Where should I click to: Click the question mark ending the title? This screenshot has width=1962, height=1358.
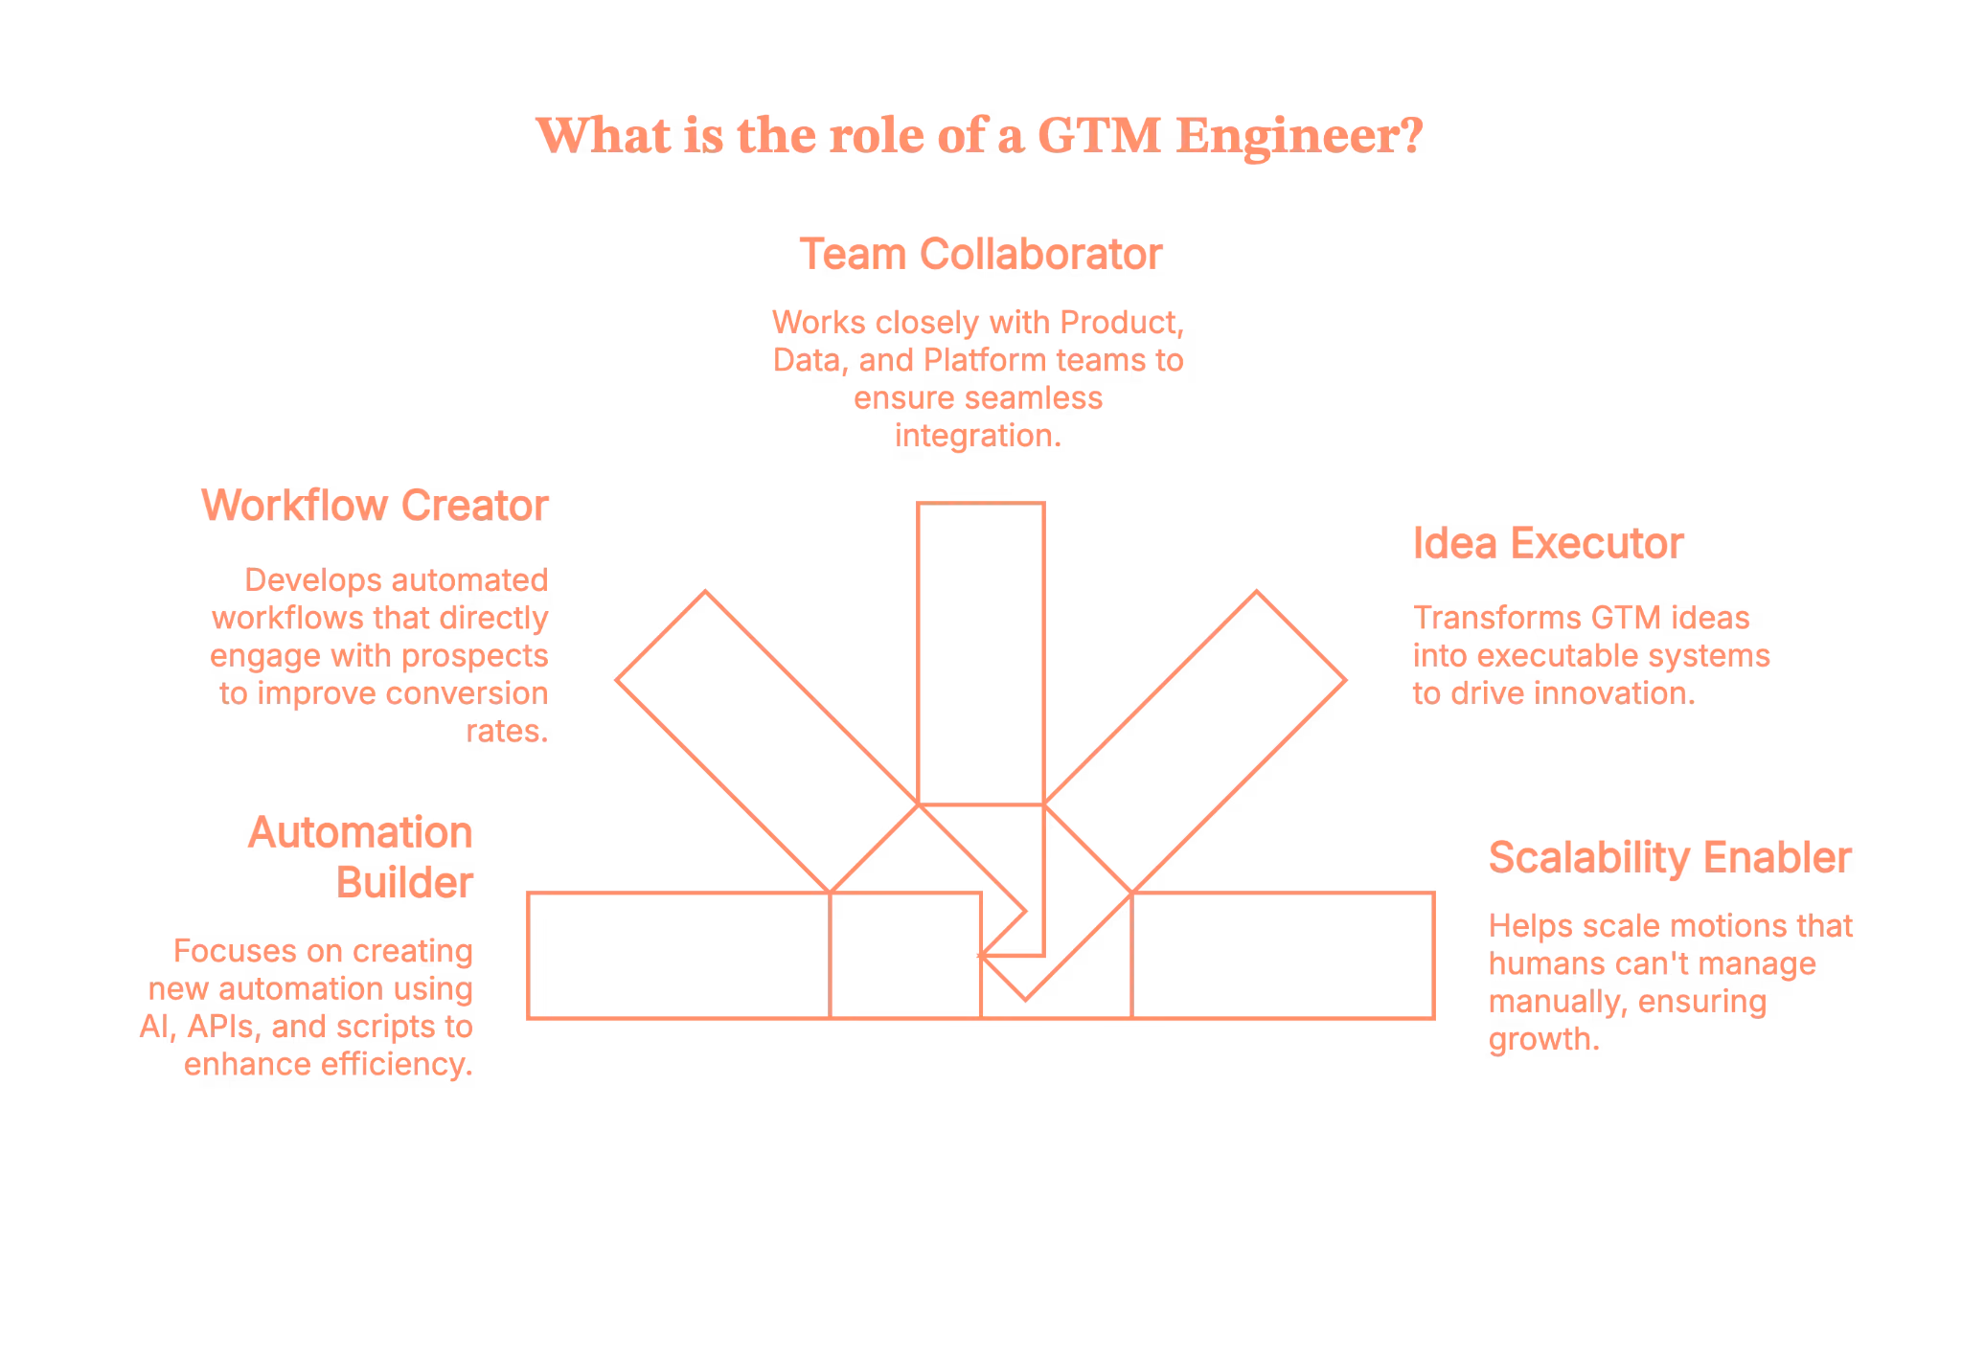(1409, 136)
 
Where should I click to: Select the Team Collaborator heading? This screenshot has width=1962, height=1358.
(980, 255)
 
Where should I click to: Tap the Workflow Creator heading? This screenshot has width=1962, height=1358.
(375, 505)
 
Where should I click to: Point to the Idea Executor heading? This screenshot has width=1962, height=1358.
(1547, 543)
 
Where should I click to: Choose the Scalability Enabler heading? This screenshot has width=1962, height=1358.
(1669, 856)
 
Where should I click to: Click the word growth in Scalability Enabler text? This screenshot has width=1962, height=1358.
(1541, 1040)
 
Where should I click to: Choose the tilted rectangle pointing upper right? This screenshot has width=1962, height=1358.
(1236, 699)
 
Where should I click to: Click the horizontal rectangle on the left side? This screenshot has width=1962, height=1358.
(680, 954)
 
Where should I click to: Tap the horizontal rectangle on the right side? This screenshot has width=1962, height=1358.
(1284, 954)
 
